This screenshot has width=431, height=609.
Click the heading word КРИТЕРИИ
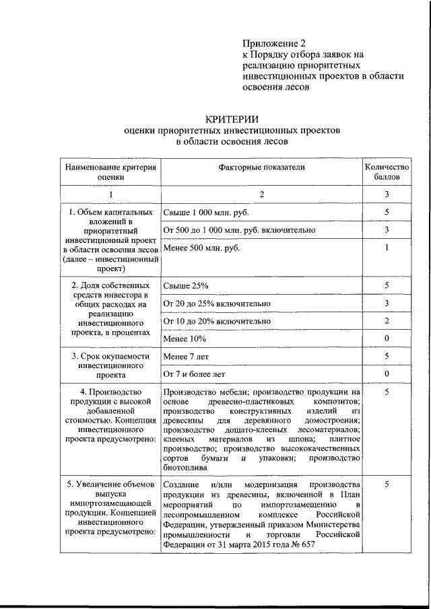coord(231,118)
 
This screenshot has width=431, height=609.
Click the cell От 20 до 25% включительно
coord(217,304)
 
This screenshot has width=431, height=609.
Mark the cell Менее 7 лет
coord(186,356)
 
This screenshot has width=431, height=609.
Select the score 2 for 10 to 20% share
coord(387,322)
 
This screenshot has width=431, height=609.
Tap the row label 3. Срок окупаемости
coord(110,356)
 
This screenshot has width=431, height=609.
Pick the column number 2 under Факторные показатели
coord(261,194)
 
